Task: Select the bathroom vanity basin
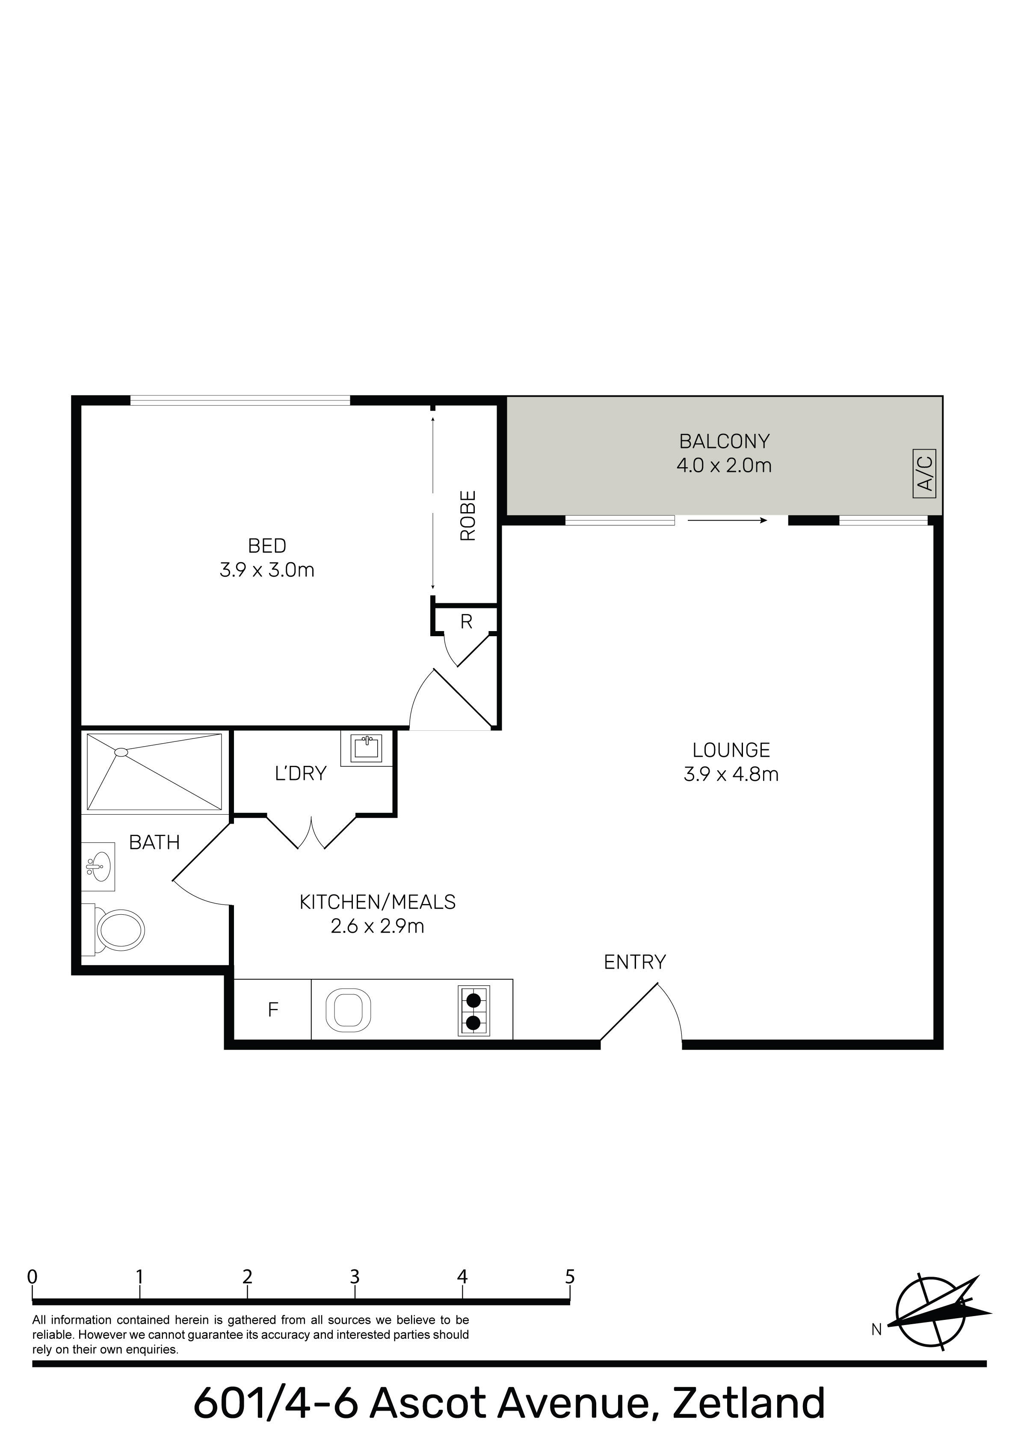98,867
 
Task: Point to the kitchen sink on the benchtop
348,1010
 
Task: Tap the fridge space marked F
272,1010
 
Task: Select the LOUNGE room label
731,750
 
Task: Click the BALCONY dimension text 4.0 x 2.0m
724,466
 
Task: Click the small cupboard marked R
466,622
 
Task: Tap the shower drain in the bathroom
121,752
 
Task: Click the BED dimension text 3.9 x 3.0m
267,570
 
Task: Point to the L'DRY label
301,773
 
